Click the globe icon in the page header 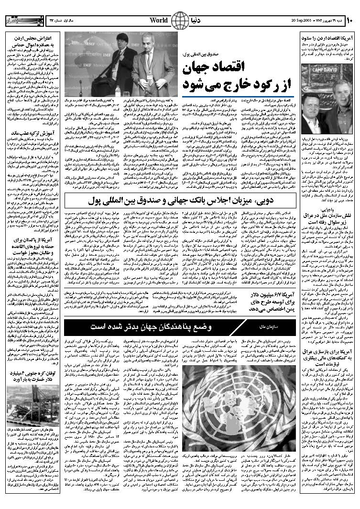click(x=180, y=20)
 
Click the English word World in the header click(x=159, y=20)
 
